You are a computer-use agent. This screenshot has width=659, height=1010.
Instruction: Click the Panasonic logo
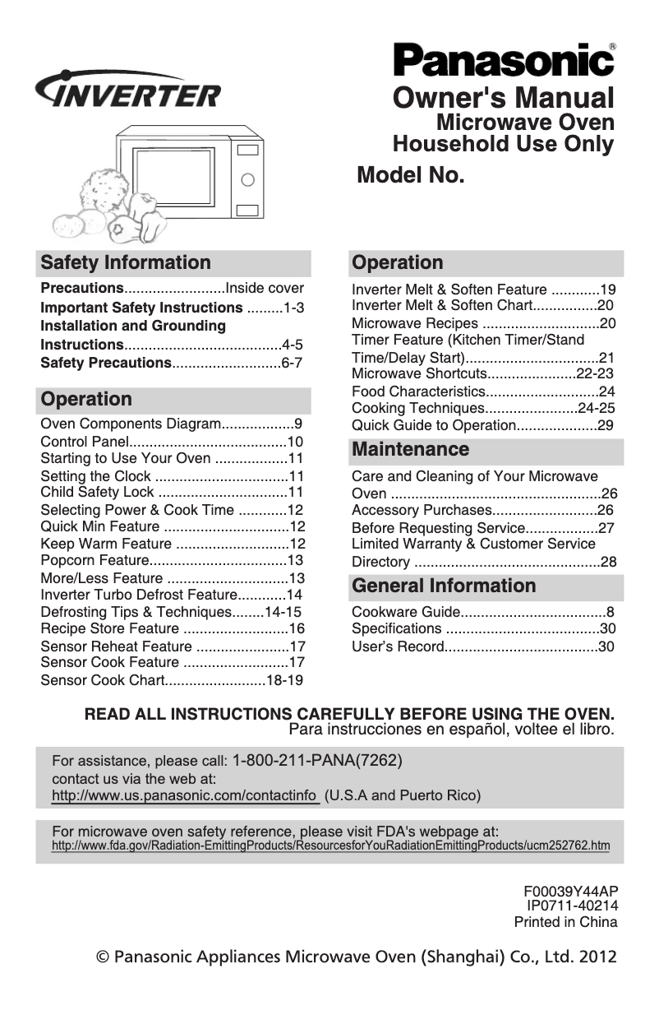click(x=504, y=61)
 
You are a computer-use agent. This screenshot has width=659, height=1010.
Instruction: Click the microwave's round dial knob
click(x=246, y=178)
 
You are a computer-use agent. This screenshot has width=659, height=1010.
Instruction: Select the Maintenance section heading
click(x=410, y=450)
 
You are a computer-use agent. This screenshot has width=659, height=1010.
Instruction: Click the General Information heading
click(x=443, y=586)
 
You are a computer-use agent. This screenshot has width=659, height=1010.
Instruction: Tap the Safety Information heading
click(x=126, y=263)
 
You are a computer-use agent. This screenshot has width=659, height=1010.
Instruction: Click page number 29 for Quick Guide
click(x=606, y=425)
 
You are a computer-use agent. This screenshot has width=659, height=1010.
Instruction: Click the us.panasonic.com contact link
click(x=184, y=796)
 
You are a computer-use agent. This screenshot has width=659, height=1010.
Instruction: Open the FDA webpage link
click(x=330, y=846)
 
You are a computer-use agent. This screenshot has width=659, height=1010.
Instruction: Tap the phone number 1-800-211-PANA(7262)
click(x=317, y=760)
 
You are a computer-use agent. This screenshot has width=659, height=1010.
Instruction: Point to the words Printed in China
click(x=565, y=922)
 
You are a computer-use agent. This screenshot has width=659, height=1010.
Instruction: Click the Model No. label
click(x=411, y=175)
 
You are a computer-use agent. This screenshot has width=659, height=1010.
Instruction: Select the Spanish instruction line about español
click(x=451, y=729)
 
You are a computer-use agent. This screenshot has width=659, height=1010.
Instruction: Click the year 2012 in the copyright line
click(x=597, y=957)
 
